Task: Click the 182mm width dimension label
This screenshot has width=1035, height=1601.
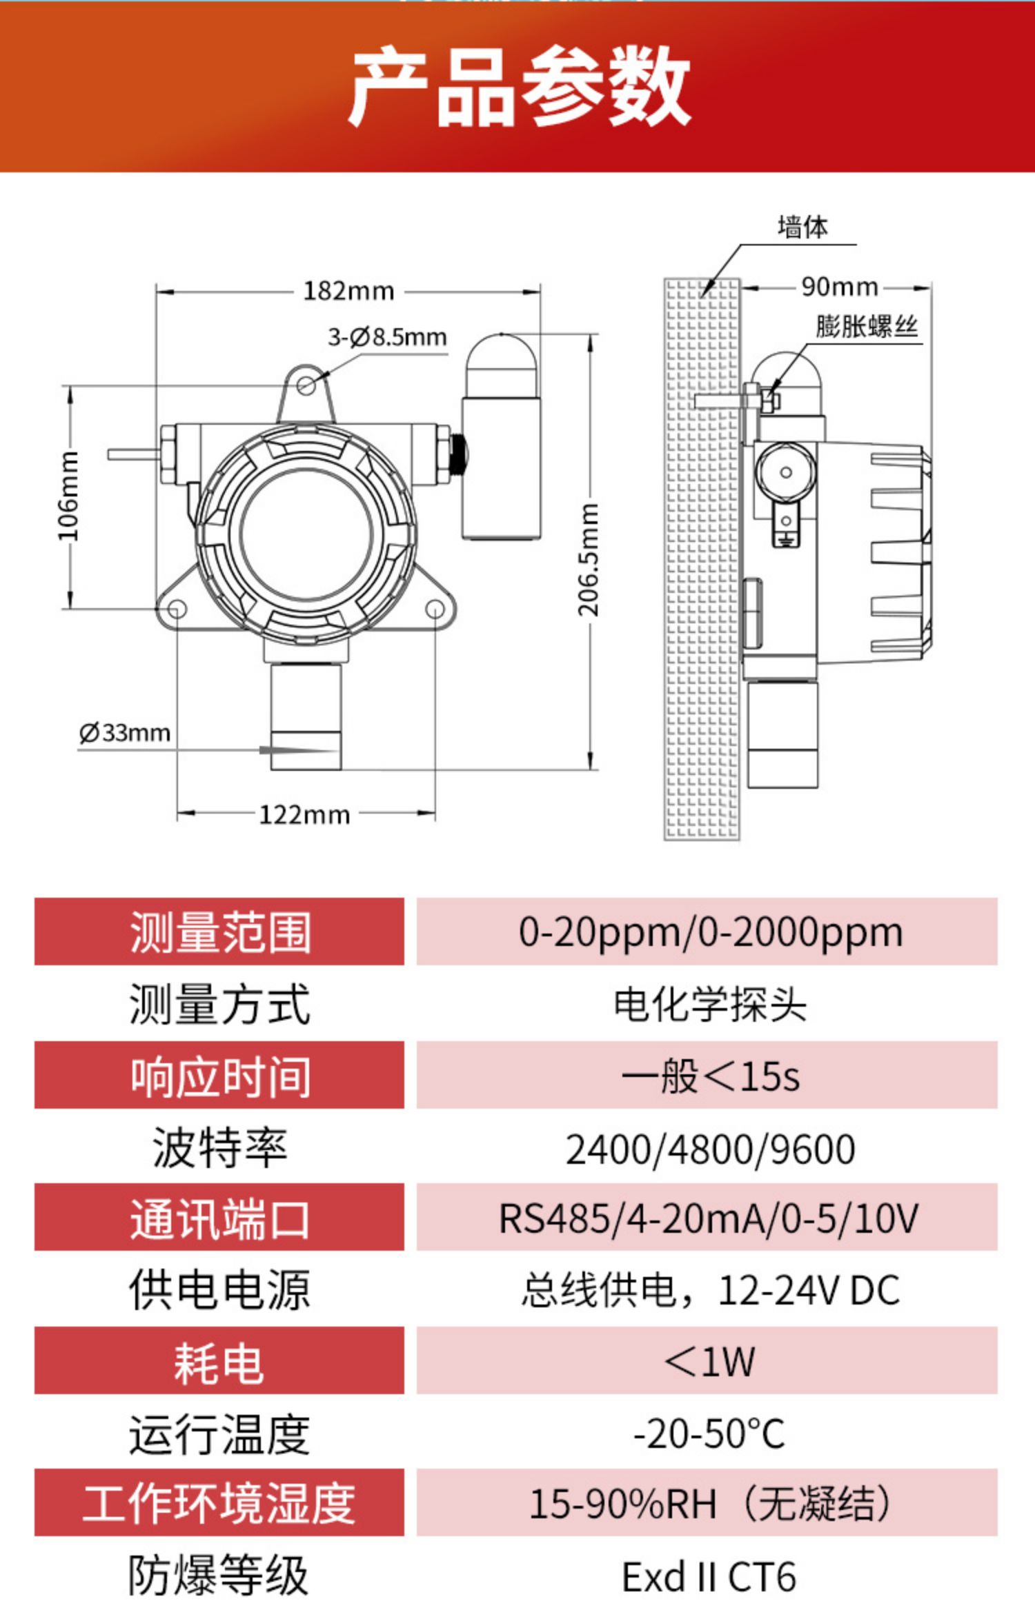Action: pyautogui.click(x=348, y=292)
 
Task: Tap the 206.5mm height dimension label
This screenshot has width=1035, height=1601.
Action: pyautogui.click(x=589, y=560)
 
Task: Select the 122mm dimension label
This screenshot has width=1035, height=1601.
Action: pyautogui.click(x=304, y=815)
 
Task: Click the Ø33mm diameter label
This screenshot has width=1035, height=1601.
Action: pyautogui.click(x=125, y=732)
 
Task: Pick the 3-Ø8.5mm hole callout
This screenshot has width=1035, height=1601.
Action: pyautogui.click(x=387, y=337)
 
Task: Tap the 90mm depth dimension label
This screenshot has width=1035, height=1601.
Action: pyautogui.click(x=840, y=287)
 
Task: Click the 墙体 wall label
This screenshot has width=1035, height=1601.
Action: pyautogui.click(x=802, y=227)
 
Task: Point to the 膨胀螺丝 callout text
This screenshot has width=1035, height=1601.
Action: pyautogui.click(x=867, y=326)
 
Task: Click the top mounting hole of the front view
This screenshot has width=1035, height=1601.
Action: pyautogui.click(x=306, y=385)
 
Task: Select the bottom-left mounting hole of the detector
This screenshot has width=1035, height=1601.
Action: pyautogui.click(x=177, y=610)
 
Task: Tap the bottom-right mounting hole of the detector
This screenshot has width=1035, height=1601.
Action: pyautogui.click(x=435, y=610)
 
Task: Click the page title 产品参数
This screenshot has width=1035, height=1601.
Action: pyautogui.click(x=520, y=86)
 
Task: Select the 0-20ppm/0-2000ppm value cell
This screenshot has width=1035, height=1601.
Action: pyautogui.click(x=711, y=932)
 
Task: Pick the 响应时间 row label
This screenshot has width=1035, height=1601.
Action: pyautogui.click(x=220, y=1076)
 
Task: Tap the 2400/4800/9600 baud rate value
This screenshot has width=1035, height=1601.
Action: pyautogui.click(x=711, y=1149)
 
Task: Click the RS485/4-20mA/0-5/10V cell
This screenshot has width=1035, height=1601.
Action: pyautogui.click(x=709, y=1219)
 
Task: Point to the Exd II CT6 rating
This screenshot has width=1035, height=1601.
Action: pyautogui.click(x=709, y=1576)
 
